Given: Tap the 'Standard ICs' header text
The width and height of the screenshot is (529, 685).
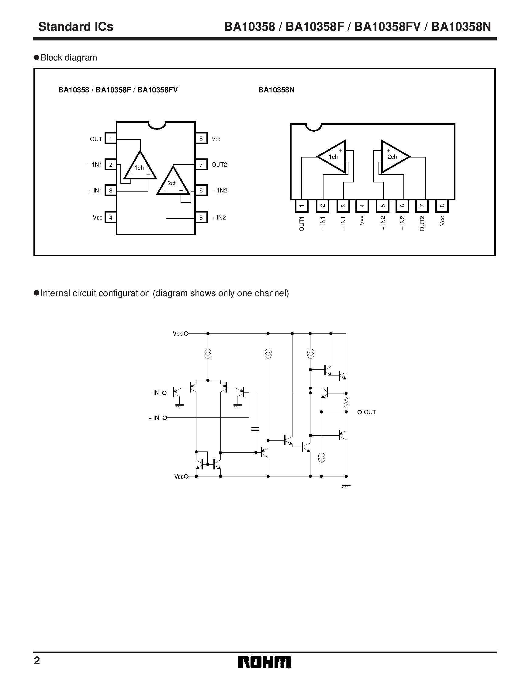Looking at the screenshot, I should (76, 27).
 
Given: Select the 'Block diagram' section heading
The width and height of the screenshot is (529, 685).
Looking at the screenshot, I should (68, 58).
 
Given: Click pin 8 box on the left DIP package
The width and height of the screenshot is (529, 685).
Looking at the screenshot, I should (201, 138).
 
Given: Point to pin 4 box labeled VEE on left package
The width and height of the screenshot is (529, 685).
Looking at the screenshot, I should (110, 217).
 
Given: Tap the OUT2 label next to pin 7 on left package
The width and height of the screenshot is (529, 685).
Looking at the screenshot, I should (219, 165).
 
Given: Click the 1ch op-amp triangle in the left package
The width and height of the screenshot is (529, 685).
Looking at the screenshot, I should (140, 168).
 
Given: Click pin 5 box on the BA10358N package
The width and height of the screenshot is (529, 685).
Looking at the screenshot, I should (382, 206).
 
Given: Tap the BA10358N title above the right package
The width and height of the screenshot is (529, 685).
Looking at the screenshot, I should (276, 90).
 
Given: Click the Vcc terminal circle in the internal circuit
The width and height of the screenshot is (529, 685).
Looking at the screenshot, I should (186, 334).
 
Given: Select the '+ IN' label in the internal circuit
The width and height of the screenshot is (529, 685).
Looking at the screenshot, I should (154, 418).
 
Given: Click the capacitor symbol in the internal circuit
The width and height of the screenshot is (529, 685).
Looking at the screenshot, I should (256, 428).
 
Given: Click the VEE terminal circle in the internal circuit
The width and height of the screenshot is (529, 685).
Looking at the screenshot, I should (186, 476).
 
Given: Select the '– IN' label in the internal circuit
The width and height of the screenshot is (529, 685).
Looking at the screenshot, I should (154, 393).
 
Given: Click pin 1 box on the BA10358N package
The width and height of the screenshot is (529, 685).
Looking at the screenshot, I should (302, 206).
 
